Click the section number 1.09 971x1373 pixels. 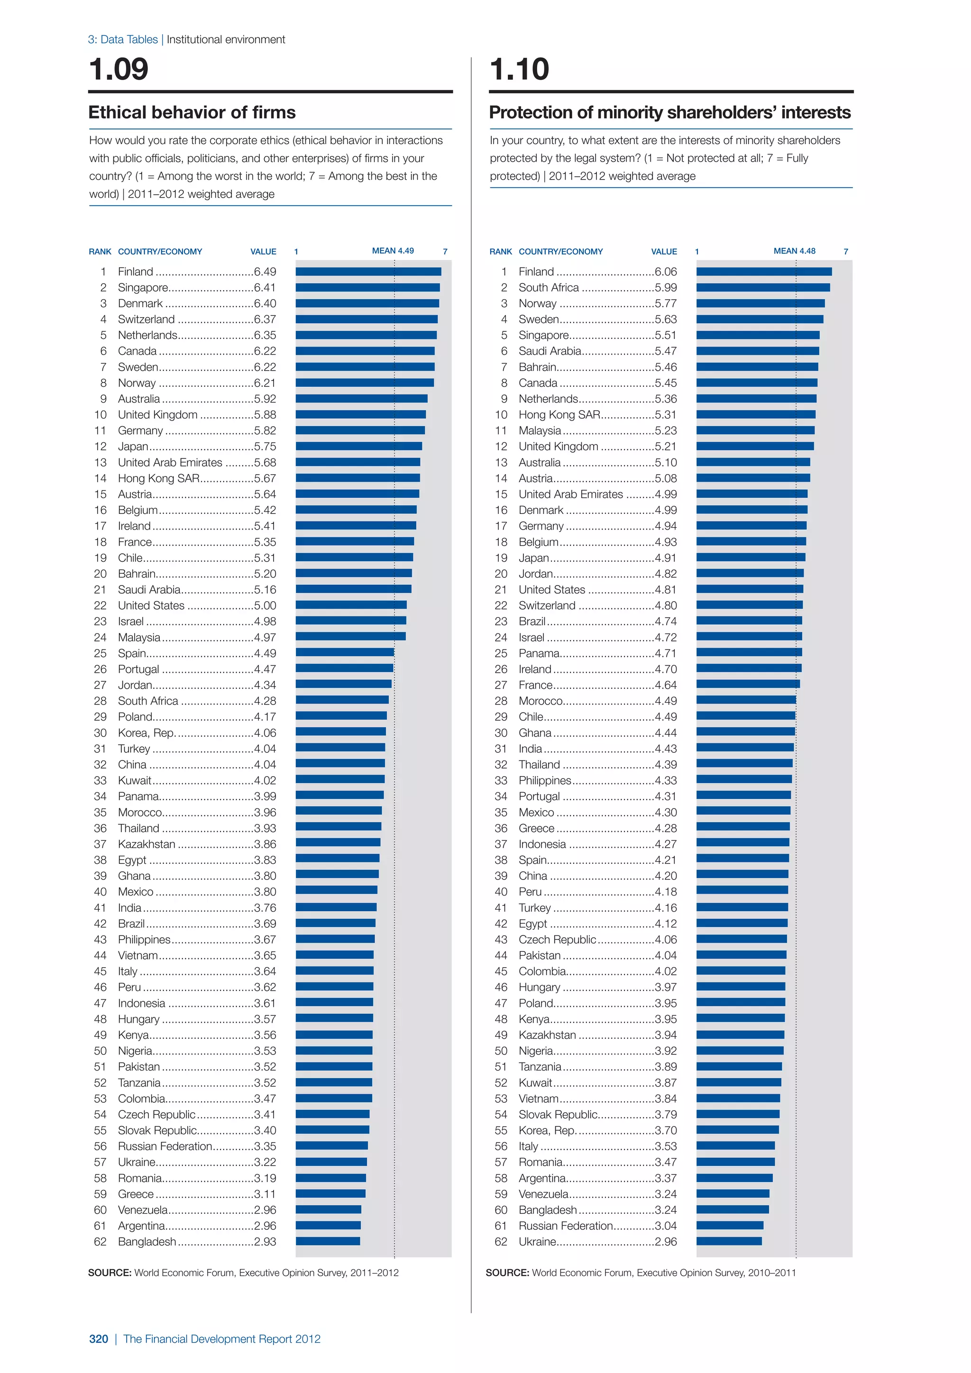click(119, 69)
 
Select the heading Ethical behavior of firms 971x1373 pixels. click(192, 112)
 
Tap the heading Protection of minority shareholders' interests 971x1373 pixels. click(669, 112)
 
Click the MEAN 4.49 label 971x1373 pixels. click(393, 250)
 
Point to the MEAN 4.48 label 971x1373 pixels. click(794, 250)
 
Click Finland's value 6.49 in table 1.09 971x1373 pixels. click(265, 272)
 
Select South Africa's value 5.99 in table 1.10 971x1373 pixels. click(666, 288)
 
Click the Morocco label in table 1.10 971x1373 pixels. click(540, 701)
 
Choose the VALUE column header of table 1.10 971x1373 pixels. click(664, 252)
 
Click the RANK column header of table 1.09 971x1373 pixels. click(100, 252)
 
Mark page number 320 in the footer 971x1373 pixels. click(99, 1339)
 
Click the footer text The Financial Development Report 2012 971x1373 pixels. click(222, 1339)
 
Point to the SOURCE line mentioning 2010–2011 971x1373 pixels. click(641, 1272)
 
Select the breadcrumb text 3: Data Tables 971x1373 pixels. click(123, 39)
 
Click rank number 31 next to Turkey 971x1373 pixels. click(100, 749)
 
